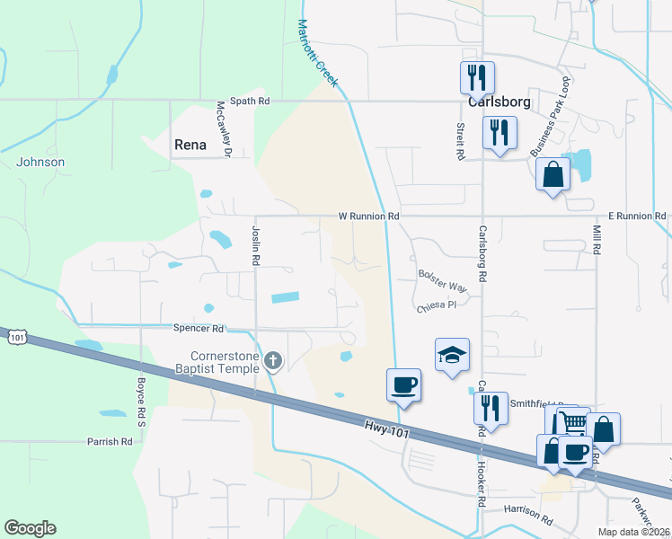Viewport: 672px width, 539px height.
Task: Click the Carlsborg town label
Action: coord(498,102)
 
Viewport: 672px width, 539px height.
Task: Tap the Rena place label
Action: coord(190,145)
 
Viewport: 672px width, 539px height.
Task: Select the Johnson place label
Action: coord(40,162)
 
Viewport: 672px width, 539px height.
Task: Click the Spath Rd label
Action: coord(250,102)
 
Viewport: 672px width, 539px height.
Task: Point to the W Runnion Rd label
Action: coord(368,216)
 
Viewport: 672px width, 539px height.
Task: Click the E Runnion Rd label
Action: coord(637,216)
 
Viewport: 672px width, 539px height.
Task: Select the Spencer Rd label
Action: coord(199,329)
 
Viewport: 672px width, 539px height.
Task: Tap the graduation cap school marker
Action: coord(452,355)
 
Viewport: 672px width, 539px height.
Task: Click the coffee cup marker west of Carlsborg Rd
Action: coord(403,385)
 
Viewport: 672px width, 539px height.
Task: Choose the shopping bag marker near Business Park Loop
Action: coord(553,174)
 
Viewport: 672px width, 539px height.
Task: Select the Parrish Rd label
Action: coord(110,441)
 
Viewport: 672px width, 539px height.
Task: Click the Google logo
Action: coord(30,528)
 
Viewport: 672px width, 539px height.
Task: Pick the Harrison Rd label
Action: coord(528,513)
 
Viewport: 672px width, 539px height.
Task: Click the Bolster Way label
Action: coord(443,280)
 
